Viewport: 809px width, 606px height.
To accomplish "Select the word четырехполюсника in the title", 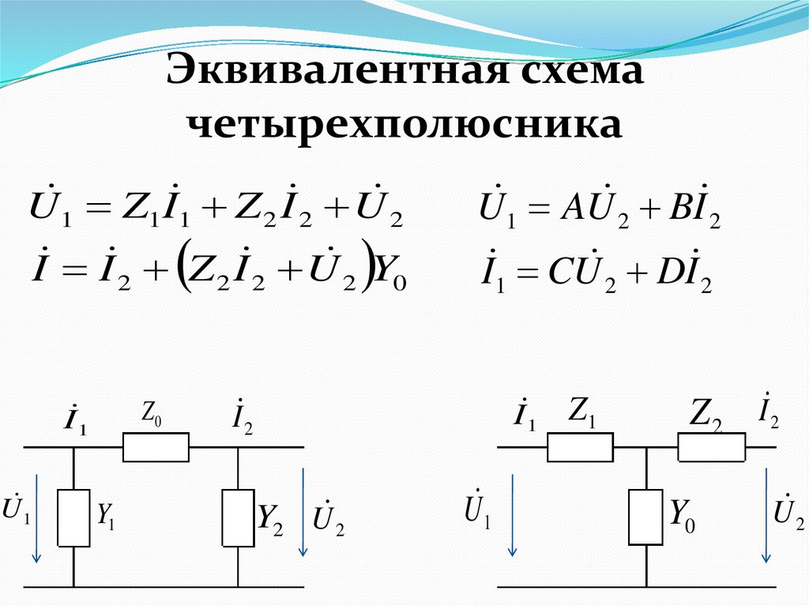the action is (404, 124).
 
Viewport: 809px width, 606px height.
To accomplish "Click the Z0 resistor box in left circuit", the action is (156, 447).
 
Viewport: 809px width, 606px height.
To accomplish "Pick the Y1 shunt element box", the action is (73, 518).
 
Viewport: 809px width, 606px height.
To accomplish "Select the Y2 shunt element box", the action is (238, 518).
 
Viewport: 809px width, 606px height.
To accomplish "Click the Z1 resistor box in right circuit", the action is (580, 448).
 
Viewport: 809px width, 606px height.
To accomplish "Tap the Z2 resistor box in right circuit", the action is (712, 448).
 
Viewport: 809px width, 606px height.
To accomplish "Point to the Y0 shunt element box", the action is (645, 518).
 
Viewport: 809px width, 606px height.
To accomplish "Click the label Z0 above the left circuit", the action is (152, 414).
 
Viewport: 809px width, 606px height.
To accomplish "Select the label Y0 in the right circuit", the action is (683, 515).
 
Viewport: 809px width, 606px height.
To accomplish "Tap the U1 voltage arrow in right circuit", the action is (513, 514).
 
